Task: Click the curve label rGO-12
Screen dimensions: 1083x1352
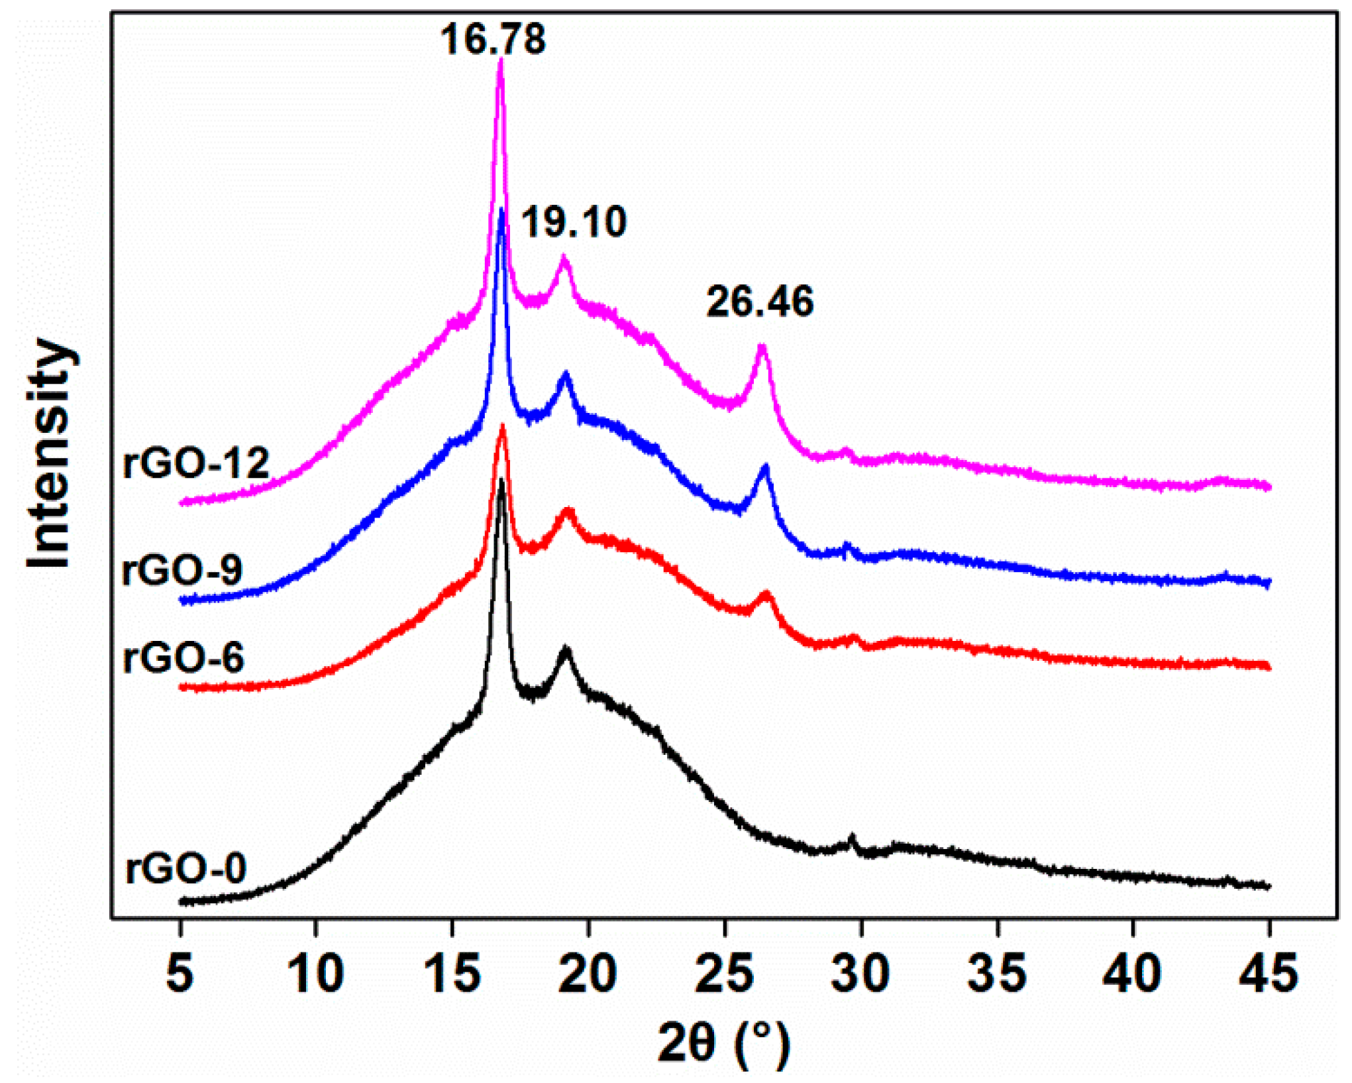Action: click(196, 463)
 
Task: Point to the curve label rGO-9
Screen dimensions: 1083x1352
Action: click(183, 569)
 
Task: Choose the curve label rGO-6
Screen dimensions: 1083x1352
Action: click(184, 657)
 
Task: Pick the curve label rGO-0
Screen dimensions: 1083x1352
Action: click(186, 868)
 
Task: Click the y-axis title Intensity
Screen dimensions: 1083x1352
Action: click(49, 454)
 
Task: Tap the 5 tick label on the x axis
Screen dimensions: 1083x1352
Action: click(180, 974)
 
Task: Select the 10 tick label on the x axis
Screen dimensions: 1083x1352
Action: click(315, 974)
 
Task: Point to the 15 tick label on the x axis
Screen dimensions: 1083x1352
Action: click(452, 974)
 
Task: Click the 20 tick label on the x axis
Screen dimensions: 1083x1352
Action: click(588, 974)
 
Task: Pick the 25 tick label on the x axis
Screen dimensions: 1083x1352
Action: click(725, 974)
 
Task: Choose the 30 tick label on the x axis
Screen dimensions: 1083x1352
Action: click(860, 974)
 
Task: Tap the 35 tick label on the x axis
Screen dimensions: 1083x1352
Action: click(997, 974)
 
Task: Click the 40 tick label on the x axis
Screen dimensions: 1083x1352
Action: click(1133, 974)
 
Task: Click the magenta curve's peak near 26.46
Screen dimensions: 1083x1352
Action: click(762, 347)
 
